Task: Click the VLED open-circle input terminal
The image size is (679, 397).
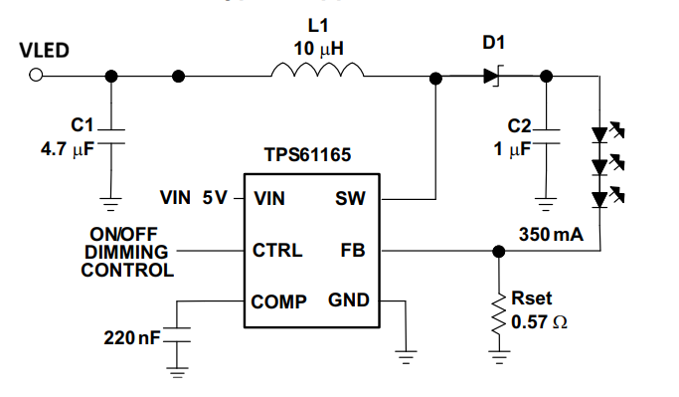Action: pos(36,76)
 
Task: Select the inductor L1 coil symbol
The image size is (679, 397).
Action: pos(317,70)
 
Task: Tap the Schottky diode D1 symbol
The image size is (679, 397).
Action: pos(493,77)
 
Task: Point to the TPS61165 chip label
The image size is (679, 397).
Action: pos(307,155)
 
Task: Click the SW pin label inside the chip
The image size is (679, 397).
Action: pos(350,199)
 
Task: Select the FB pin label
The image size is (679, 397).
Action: pos(353,250)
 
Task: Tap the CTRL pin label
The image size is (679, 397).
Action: pos(277,250)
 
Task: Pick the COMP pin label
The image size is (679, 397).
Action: pos(279,301)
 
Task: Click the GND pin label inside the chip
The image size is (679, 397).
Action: pos(349,299)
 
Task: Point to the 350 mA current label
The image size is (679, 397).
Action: pos(551,235)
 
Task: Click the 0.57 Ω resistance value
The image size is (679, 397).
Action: pos(539,322)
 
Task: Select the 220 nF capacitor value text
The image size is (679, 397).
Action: pos(132,337)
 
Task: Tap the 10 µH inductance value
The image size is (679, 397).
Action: pos(319,49)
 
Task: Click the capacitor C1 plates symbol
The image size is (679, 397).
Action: pos(111,136)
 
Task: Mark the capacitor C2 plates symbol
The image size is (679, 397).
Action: pos(546,136)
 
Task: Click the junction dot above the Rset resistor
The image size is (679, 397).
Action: pos(499,251)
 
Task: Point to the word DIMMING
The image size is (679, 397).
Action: pos(126,253)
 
